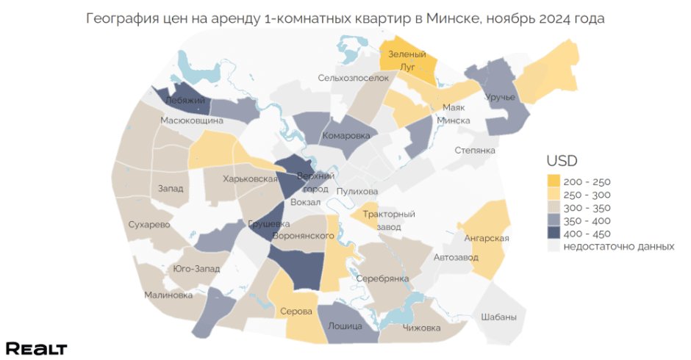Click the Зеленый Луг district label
click(407, 60)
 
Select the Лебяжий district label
click(180, 101)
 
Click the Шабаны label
click(498, 317)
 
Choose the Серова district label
click(296, 312)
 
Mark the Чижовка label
click(421, 328)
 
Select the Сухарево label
click(149, 224)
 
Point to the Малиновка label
click(168, 295)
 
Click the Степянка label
click(475, 151)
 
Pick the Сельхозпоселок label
click(353, 78)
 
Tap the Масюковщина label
click(192, 120)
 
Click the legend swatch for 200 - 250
click(553, 181)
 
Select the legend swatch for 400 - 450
click(553, 234)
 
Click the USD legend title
click(562, 160)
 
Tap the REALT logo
click(36, 348)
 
